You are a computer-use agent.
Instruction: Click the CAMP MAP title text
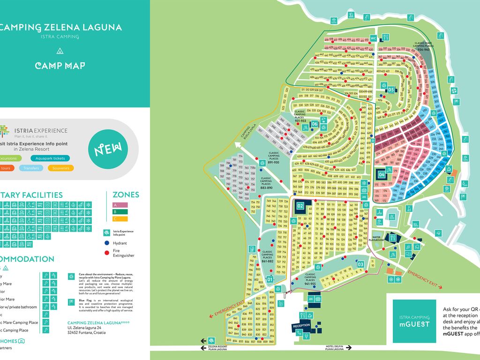60,66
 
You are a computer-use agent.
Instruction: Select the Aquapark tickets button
50,158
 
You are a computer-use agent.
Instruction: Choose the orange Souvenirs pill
60,168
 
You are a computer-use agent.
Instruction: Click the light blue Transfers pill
31,168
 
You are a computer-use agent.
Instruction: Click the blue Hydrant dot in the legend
106,243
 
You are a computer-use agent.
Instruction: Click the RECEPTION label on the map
301,325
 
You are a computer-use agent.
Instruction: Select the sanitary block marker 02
300,205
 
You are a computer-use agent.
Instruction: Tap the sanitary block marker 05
391,89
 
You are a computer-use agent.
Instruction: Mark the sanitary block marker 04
382,174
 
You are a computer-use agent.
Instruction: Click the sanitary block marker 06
315,124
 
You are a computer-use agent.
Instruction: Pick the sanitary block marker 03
360,264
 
